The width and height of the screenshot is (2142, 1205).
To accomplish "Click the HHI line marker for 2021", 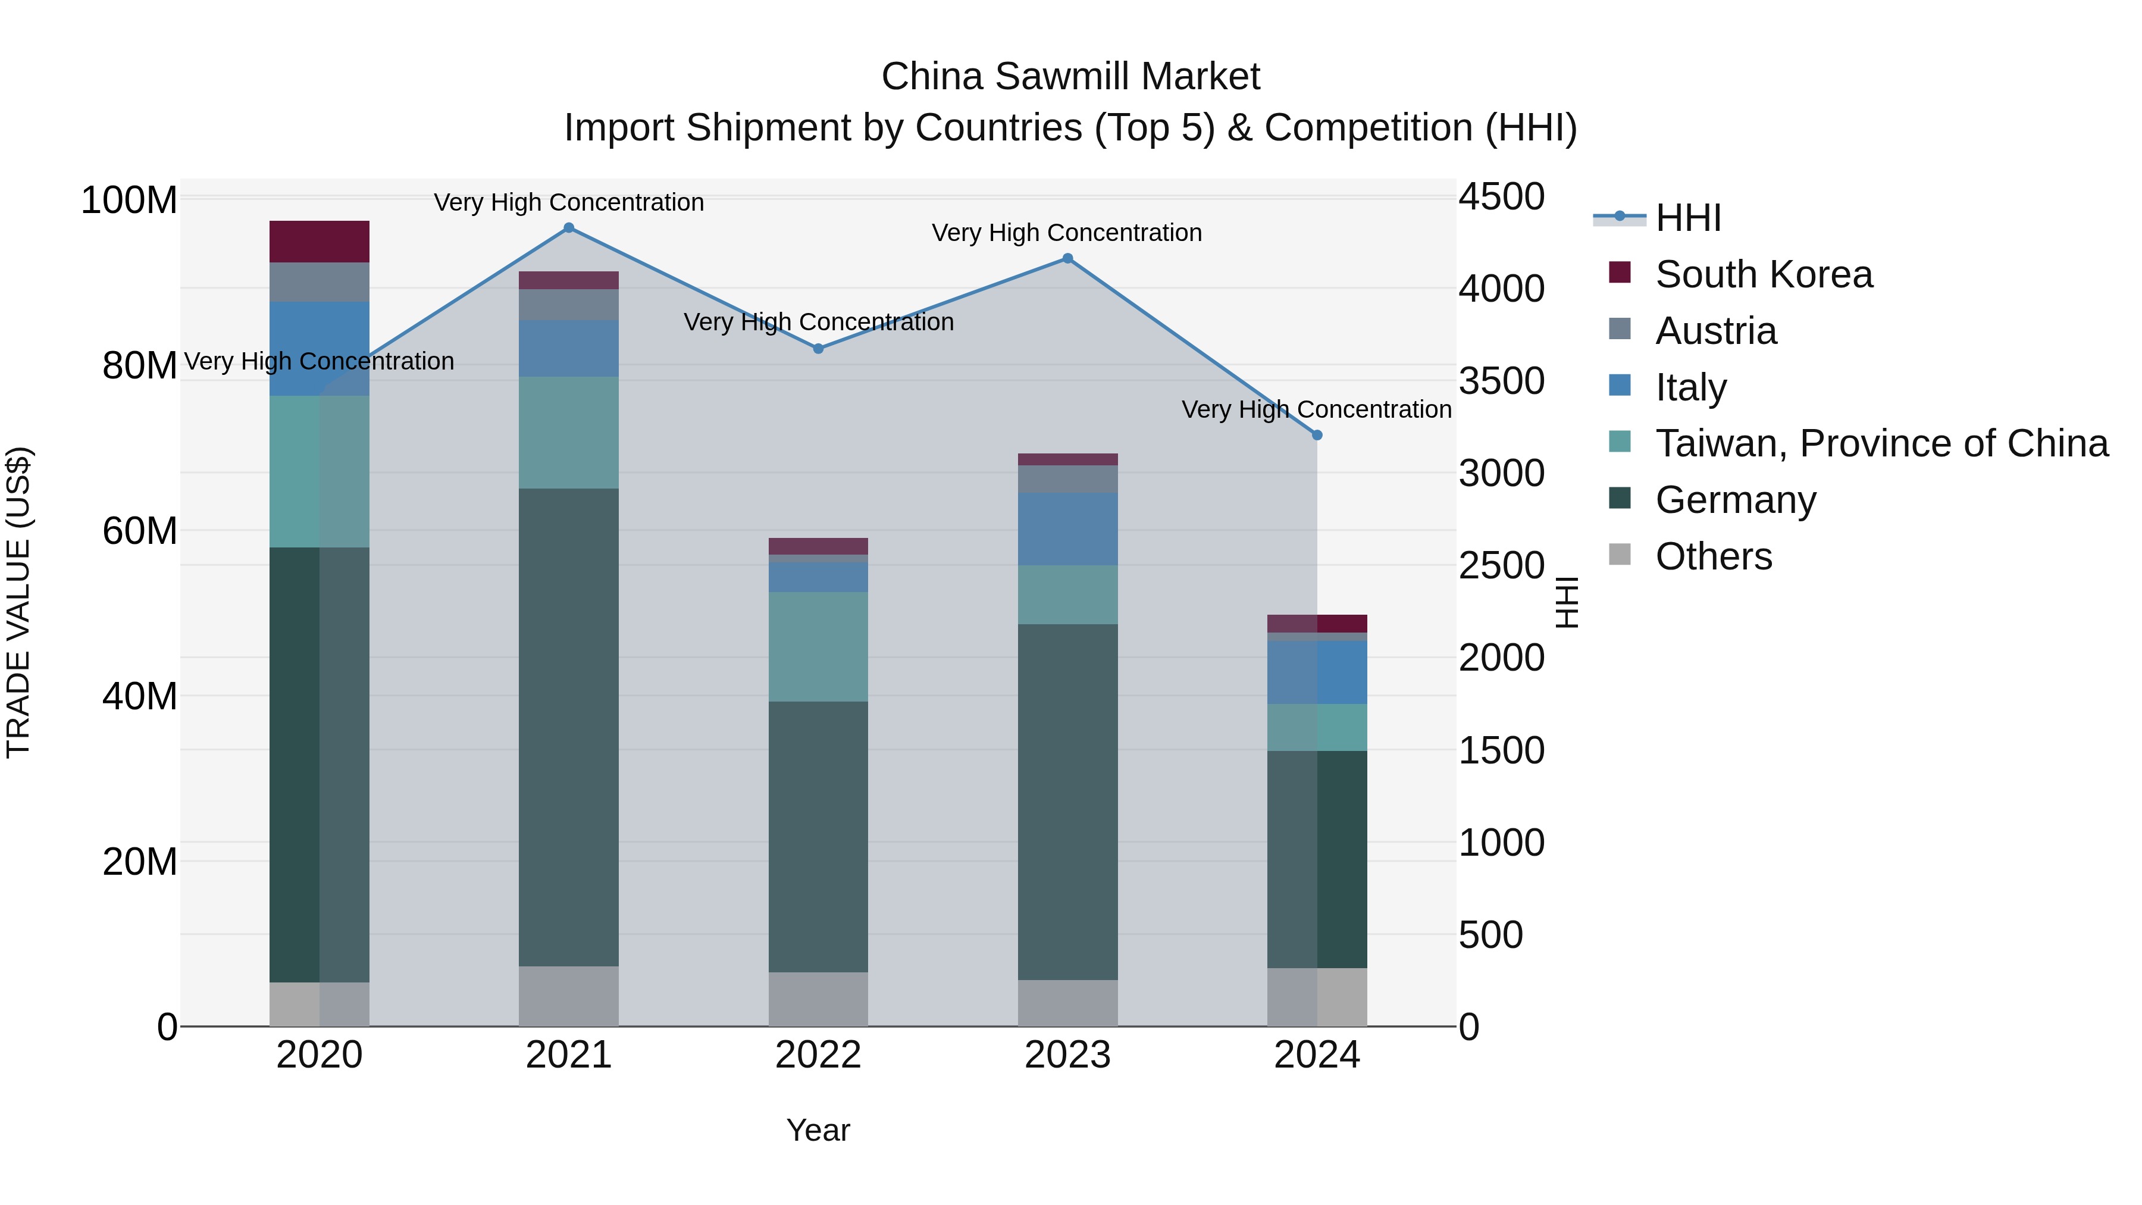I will [569, 228].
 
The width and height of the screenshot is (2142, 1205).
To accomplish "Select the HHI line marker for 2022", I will [818, 349].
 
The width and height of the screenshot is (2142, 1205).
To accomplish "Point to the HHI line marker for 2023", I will [1067, 259].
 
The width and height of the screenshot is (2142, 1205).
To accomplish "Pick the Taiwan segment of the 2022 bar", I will [818, 646].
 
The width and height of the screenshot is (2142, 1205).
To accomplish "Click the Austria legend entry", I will [1715, 331].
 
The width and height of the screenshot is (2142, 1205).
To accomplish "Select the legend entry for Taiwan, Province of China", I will [1881, 443].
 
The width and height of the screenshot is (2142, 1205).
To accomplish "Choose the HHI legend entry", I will [1687, 218].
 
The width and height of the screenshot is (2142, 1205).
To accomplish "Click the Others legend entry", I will [1713, 556].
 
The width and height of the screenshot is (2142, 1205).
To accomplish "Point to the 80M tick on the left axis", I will [139, 365].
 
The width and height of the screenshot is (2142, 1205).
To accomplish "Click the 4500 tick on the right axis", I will [1501, 197].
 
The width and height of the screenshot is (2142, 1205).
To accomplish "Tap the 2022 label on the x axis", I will [818, 1055].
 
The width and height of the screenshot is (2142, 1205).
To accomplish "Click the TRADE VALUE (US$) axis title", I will [18, 602].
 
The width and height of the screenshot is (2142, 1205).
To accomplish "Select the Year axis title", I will [818, 1130].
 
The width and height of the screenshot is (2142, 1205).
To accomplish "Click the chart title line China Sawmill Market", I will [1070, 77].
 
